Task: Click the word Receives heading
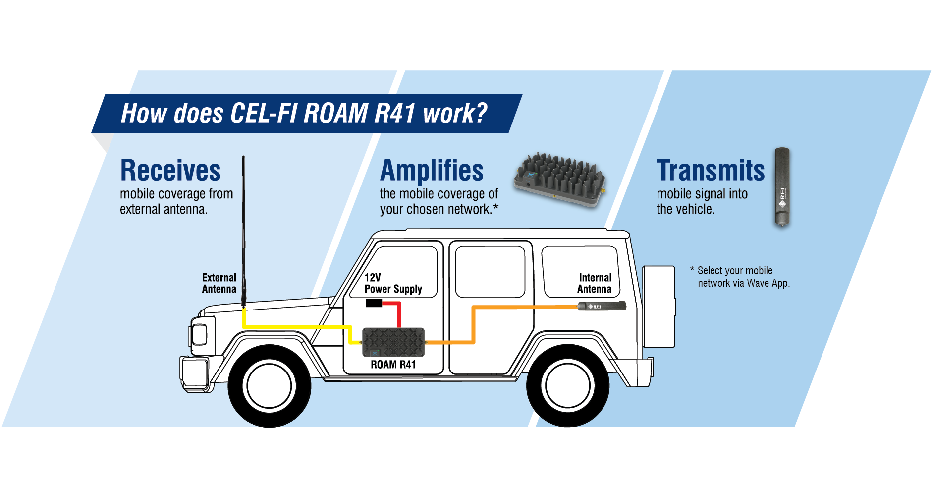pyautogui.click(x=170, y=171)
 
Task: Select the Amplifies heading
pyautogui.click(x=432, y=171)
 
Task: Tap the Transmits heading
pyautogui.click(x=711, y=171)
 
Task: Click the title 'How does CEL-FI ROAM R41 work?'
pyautogui.click(x=304, y=113)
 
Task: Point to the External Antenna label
pyautogui.click(x=219, y=283)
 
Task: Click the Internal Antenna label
pyautogui.click(x=595, y=283)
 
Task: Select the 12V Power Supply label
pyautogui.click(x=393, y=283)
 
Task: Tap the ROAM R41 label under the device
pyautogui.click(x=393, y=365)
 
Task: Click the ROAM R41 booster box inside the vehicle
pyautogui.click(x=393, y=342)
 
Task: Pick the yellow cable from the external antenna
pyautogui.click(x=297, y=327)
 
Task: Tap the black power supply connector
pyautogui.click(x=373, y=303)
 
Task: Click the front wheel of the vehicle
pyautogui.click(x=269, y=386)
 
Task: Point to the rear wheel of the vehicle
pyautogui.click(x=568, y=386)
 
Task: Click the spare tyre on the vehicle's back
pyautogui.click(x=658, y=307)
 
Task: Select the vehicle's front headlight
pyautogui.click(x=200, y=334)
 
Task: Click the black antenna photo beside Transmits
pyautogui.click(x=782, y=187)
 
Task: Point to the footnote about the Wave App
pyautogui.click(x=740, y=277)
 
